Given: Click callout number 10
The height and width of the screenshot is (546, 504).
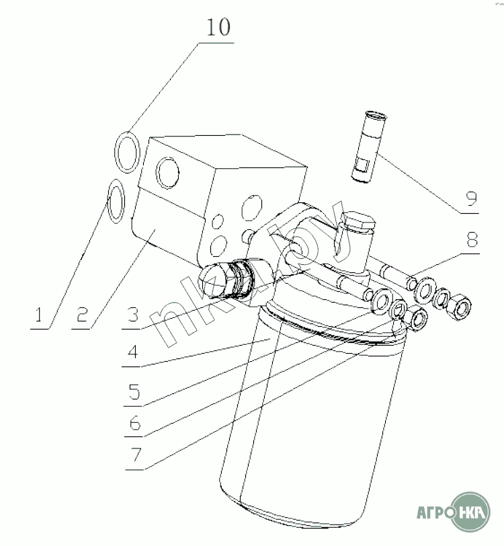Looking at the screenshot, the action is point(218,27).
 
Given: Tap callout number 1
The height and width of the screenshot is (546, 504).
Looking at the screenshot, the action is point(39,315).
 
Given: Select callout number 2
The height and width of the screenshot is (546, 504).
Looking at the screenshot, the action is point(82,315).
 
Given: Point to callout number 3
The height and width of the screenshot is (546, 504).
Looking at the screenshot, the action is point(133,315).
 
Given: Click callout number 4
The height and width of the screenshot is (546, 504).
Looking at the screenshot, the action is point(133,352).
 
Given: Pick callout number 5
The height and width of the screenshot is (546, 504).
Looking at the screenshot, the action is point(134,391).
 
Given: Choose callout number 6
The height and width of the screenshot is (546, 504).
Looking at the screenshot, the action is point(134,423).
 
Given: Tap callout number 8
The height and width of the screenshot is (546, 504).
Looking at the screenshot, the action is point(472,240).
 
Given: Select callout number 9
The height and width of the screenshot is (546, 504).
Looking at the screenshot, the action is point(472,198).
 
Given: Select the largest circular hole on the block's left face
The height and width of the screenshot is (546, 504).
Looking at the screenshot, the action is point(167,173).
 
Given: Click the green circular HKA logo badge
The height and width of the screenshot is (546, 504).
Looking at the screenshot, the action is point(470,512).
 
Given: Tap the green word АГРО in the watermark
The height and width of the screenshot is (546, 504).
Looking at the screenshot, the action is point(433,512).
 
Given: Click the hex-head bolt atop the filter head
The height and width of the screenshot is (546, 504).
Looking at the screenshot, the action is point(358,221).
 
